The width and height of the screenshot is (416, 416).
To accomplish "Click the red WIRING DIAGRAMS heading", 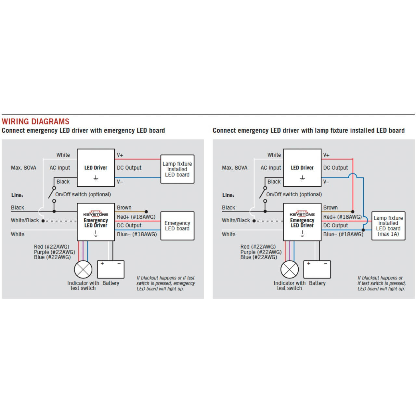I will click(x=35, y=122).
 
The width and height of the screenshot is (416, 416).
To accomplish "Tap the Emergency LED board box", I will click(x=177, y=226).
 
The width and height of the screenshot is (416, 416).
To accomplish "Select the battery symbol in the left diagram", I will click(x=110, y=269).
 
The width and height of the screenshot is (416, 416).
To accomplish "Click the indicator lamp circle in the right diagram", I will click(x=290, y=269).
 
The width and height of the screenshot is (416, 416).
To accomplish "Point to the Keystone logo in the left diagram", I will click(x=96, y=214).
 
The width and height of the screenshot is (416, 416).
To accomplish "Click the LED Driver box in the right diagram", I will click(x=302, y=168).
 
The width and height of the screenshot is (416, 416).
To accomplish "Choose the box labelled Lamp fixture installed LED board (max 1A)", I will click(x=388, y=226).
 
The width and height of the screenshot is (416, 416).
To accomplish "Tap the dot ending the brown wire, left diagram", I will click(x=146, y=212).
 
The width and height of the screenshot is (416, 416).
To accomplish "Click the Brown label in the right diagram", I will click(x=330, y=207).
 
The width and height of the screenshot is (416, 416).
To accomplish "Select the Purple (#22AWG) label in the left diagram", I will click(x=54, y=252).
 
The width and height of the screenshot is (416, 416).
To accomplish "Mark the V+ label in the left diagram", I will click(x=120, y=155).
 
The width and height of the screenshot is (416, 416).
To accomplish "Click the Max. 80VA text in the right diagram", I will click(x=234, y=168).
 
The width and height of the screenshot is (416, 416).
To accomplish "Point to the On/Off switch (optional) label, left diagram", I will click(x=83, y=194).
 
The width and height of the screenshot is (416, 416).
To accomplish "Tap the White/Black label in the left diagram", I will click(x=25, y=220).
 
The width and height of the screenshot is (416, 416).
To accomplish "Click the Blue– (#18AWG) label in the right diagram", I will click(x=343, y=234).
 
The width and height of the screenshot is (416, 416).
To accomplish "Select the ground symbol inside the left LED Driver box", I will click(x=96, y=178).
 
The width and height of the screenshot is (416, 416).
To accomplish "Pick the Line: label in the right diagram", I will click(x=228, y=195).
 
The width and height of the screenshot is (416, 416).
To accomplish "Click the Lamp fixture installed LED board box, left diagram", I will click(x=177, y=169).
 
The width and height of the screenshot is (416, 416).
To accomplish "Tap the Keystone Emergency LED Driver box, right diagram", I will click(x=302, y=222).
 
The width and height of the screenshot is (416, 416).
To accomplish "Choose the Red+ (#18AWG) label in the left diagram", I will click(x=136, y=217).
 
